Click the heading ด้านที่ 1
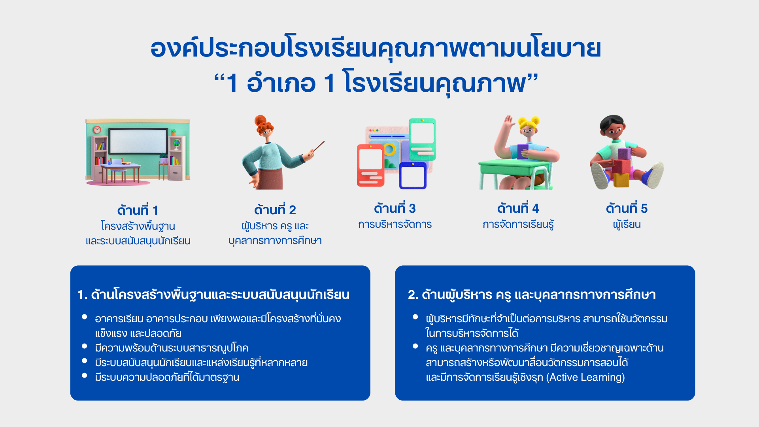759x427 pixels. pyautogui.click(x=138, y=210)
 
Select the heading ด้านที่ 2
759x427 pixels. pyautogui.click(x=275, y=209)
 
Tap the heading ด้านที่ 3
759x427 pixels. pyautogui.click(x=395, y=208)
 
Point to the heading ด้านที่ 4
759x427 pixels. pyautogui.click(x=518, y=208)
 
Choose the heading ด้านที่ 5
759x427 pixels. pyautogui.click(x=627, y=208)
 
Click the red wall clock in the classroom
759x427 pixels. pyautogui.click(x=97, y=130)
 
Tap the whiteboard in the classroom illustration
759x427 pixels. pyautogui.click(x=138, y=141)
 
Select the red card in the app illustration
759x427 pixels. pyautogui.click(x=370, y=165)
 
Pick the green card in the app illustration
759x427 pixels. pyautogui.click(x=422, y=139)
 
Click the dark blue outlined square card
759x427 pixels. pyautogui.click(x=413, y=176)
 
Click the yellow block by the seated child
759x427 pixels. pyautogui.click(x=621, y=180)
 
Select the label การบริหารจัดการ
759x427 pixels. pyautogui.click(x=395, y=224)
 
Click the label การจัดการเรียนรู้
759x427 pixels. pyautogui.click(x=518, y=224)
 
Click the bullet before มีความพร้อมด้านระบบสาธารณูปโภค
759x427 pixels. pyautogui.click(x=84, y=346)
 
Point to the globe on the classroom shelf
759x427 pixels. pyautogui.click(x=176, y=142)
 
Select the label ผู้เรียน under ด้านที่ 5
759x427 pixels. pyautogui.click(x=627, y=224)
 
